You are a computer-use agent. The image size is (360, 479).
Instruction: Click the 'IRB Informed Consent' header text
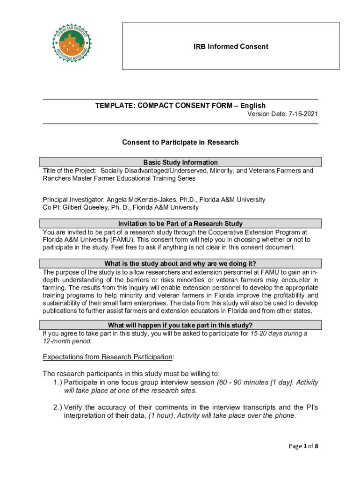click(231, 46)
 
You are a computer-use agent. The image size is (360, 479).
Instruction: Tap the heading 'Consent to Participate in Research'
click(180, 142)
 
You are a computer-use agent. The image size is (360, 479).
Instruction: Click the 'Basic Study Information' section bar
click(180, 162)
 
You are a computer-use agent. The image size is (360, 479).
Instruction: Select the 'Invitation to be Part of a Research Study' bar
click(180, 224)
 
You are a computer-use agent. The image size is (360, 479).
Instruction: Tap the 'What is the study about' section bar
click(180, 263)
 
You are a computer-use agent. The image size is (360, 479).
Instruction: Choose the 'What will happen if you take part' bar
click(180, 325)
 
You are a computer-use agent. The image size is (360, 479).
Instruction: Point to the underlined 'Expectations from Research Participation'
click(108, 357)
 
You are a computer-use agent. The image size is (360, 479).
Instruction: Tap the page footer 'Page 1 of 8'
click(303, 446)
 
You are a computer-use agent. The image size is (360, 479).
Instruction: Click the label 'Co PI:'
click(52, 207)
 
